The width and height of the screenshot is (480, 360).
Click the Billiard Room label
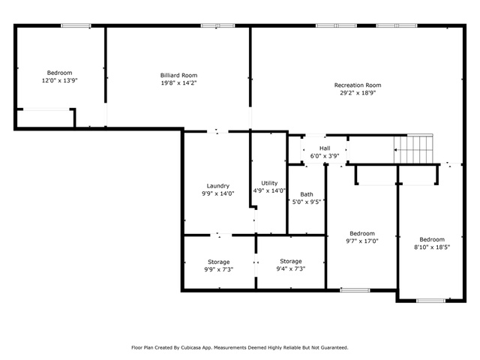coord(178,75)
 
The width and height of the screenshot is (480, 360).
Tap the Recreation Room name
coord(358,85)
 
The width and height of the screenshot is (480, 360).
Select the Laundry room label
coord(218,186)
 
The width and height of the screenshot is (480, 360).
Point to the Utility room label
coord(269,183)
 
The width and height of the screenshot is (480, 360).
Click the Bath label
coord(307,194)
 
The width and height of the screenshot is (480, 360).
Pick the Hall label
coord(325,148)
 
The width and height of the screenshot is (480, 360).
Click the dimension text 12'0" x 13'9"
coord(60,80)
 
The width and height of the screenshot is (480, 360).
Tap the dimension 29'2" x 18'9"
coord(358,93)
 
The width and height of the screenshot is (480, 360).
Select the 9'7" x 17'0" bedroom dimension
coord(362,241)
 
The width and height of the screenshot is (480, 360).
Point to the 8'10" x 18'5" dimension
coord(432,247)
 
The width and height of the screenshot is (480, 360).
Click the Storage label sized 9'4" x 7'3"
coord(291,261)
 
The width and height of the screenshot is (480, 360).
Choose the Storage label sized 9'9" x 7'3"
coord(218,262)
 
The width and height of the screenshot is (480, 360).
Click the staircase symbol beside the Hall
coord(413,150)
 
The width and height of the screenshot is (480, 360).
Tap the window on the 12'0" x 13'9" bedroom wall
coord(76,25)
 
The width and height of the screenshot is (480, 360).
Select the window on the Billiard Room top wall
coord(217,25)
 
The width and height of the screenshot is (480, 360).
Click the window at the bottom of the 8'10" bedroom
coord(431,301)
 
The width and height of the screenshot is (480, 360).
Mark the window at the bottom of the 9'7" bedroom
coord(355,290)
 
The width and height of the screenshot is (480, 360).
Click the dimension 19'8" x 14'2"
coord(178,83)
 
